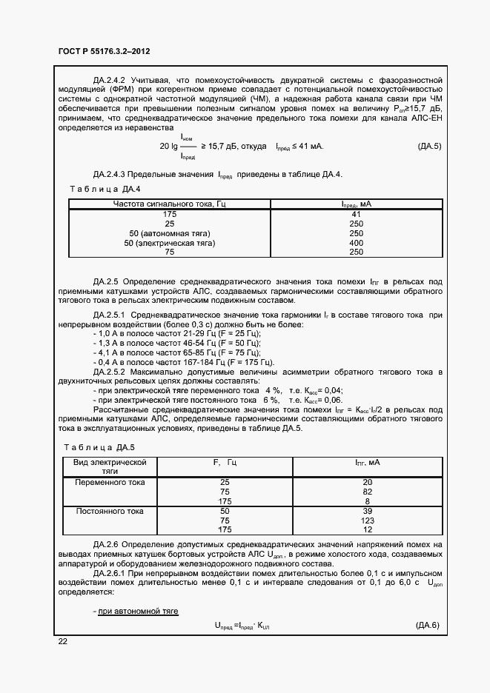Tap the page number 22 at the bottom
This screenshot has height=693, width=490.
coord(62,641)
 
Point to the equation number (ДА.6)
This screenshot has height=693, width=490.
coord(428,626)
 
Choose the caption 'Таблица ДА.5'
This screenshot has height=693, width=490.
coord(99,447)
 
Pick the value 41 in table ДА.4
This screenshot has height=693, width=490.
coord(355,213)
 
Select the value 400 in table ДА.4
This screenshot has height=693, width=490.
coord(355,242)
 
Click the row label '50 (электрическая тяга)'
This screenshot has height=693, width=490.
coord(169,242)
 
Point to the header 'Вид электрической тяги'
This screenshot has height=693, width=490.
coord(110,466)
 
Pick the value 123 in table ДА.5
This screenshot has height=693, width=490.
coord(366,520)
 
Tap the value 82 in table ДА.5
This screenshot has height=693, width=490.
coord(366,492)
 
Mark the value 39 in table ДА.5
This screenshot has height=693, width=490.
coord(366,511)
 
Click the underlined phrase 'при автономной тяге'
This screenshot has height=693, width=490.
coord(136,611)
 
